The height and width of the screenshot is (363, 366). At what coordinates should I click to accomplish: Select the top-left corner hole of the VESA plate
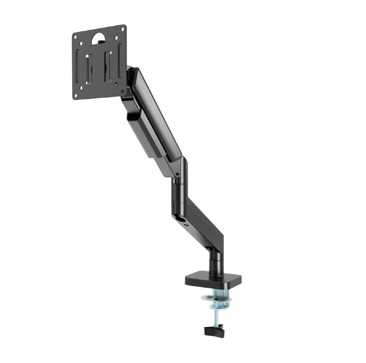[76, 37]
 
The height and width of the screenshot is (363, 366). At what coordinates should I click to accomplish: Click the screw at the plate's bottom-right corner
[123, 91]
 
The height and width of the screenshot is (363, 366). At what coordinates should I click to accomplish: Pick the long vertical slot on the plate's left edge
[80, 67]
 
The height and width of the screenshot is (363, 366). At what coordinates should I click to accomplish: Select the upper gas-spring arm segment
[157, 119]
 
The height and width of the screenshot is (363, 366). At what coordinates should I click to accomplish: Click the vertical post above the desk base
[215, 262]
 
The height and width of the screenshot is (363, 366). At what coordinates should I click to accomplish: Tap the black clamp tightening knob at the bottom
[214, 329]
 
